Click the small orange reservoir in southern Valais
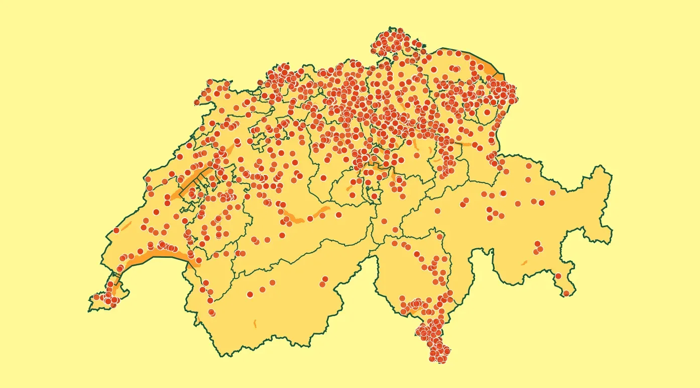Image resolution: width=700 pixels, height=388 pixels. pos(255,323)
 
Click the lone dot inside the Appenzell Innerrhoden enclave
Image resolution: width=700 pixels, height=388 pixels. pos(487,113)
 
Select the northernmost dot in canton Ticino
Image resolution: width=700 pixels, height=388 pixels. pos(440,236)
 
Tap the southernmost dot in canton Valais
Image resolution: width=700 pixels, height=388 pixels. pos(212,313)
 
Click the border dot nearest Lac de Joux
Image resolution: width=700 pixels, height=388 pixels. pos(116,230)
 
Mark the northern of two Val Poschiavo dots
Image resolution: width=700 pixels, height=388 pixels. pos(558,276)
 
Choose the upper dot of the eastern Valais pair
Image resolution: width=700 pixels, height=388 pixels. pos(325,279)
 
